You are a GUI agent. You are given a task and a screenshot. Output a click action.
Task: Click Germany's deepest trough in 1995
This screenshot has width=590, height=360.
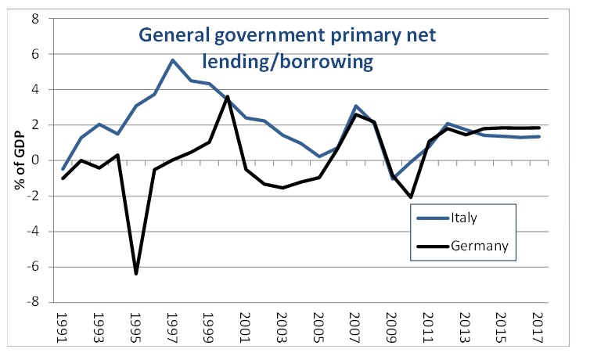click(x=136, y=273)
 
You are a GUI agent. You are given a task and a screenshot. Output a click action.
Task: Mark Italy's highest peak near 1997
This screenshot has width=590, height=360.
click(x=172, y=60)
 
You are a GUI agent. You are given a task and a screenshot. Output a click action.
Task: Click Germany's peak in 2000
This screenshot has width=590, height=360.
click(x=227, y=96)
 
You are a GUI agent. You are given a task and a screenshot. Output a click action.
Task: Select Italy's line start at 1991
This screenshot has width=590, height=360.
click(x=63, y=169)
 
